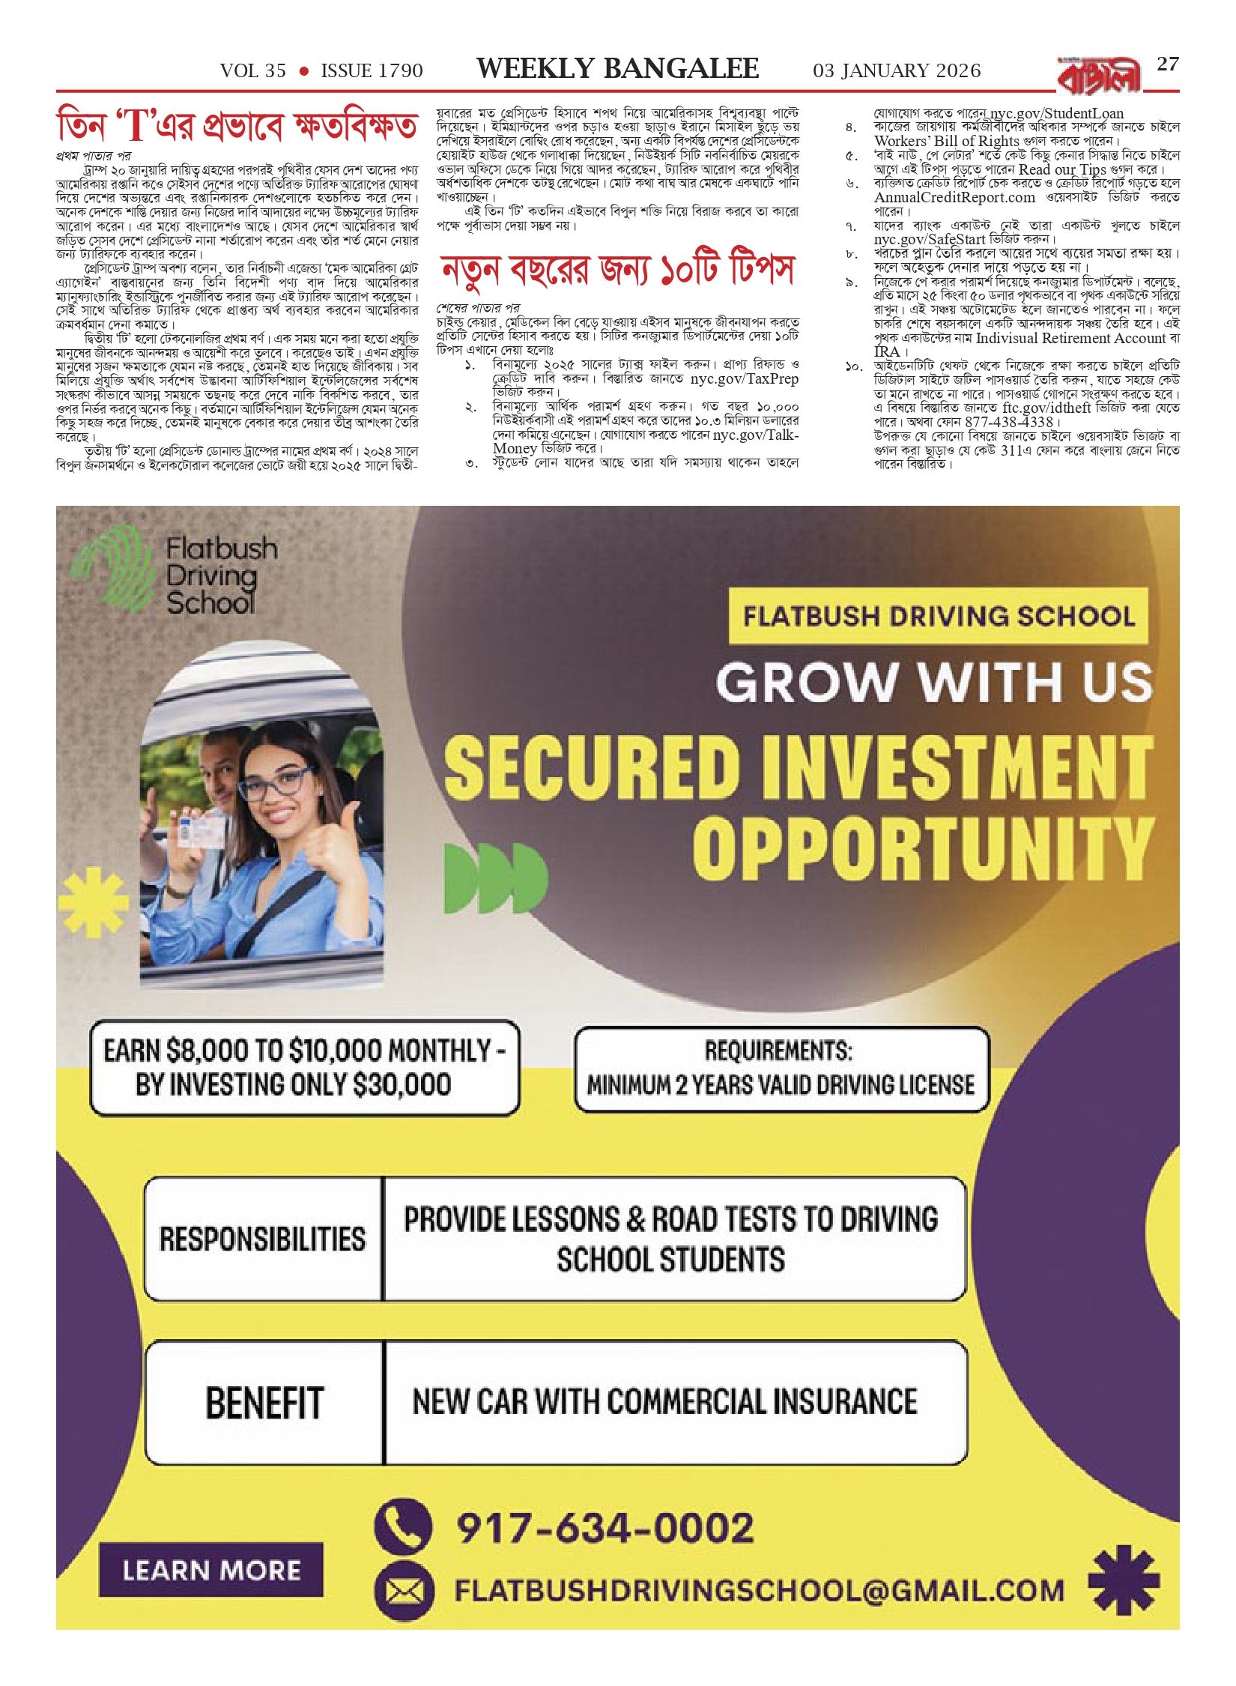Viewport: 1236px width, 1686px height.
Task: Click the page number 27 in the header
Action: click(1168, 64)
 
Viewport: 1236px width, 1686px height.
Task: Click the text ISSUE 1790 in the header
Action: click(372, 71)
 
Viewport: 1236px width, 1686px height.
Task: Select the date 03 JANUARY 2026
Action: click(896, 71)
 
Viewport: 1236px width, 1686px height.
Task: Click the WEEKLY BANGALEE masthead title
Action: click(617, 69)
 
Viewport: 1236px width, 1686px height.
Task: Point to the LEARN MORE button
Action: click(210, 1570)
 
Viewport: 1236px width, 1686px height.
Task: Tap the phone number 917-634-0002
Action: click(605, 1528)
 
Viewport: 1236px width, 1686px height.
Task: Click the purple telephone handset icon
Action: click(403, 1526)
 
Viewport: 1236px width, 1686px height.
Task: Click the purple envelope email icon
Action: click(404, 1591)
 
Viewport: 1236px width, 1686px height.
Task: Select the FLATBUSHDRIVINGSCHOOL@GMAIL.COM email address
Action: click(759, 1590)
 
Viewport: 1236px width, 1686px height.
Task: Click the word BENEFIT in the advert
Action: click(264, 1403)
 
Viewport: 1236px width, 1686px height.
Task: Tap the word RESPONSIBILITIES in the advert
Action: click(262, 1239)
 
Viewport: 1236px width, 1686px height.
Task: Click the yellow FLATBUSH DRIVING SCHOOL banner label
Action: click(938, 616)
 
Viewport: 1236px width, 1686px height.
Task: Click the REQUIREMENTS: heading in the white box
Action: click(778, 1051)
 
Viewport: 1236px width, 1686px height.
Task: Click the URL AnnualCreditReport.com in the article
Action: click(954, 198)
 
